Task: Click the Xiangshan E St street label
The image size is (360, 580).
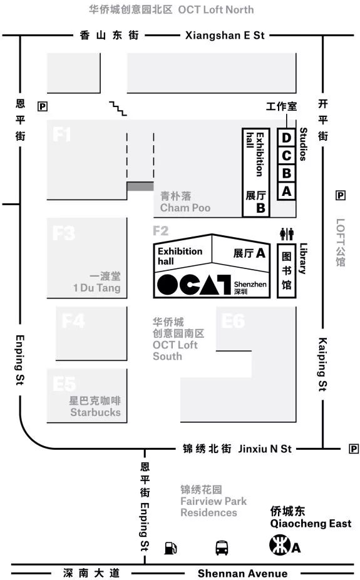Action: pos(225,36)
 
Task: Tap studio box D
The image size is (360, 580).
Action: pos(286,138)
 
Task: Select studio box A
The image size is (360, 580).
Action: pos(286,191)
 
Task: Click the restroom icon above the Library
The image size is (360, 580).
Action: pos(287,234)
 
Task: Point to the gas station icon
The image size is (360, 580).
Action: pos(170,548)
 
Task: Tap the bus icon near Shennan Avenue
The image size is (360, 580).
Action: pos(222,548)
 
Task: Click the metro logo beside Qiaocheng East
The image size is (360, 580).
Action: pos(279,546)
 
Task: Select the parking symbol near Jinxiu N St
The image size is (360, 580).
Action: pos(354,449)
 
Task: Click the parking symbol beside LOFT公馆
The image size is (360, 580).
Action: pos(340,195)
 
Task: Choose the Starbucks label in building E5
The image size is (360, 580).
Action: pos(95,412)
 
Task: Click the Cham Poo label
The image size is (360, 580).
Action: pos(185,208)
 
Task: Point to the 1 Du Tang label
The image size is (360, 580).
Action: pos(97,288)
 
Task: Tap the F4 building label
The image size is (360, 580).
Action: pos(73,321)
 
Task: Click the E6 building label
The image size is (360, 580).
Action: pos(233,321)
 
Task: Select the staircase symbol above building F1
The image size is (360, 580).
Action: pos(118,108)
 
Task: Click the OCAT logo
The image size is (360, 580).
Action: pos(194,285)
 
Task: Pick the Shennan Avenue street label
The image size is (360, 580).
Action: pos(242,573)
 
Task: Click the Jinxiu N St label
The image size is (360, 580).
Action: pos(265,449)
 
